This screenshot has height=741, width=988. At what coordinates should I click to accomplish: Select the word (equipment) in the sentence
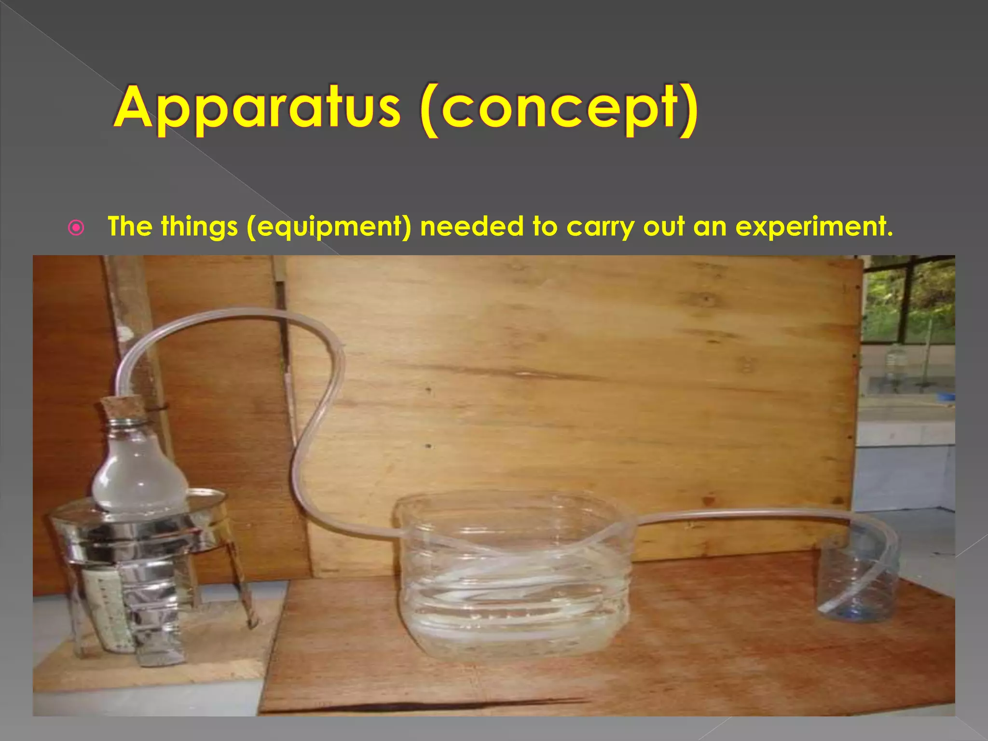click(x=329, y=227)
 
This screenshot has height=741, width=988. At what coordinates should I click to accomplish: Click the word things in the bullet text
click(x=199, y=227)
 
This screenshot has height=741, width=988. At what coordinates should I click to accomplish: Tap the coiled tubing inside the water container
click(x=511, y=569)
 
